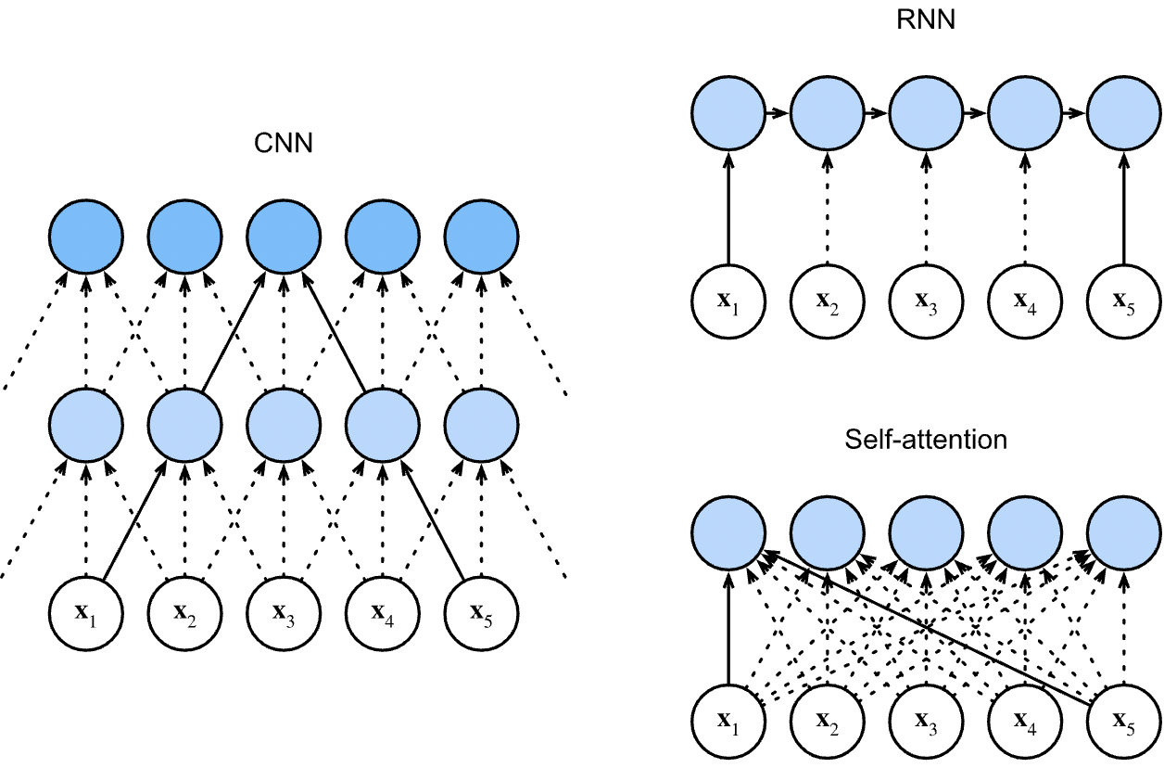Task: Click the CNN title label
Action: click(x=284, y=144)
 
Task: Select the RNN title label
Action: click(x=926, y=20)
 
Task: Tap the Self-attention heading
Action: click(x=926, y=439)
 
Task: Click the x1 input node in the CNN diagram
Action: click(x=85, y=612)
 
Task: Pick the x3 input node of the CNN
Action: click(x=283, y=612)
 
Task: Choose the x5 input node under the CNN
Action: click(x=481, y=612)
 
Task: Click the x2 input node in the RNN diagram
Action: click(x=827, y=301)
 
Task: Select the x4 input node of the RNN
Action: click(x=1025, y=301)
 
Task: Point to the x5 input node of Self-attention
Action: click(x=1123, y=720)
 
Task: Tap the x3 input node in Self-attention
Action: click(x=926, y=720)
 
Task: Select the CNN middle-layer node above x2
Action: click(x=184, y=422)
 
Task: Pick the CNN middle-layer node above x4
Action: click(x=382, y=422)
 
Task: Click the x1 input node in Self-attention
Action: click(x=728, y=720)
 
